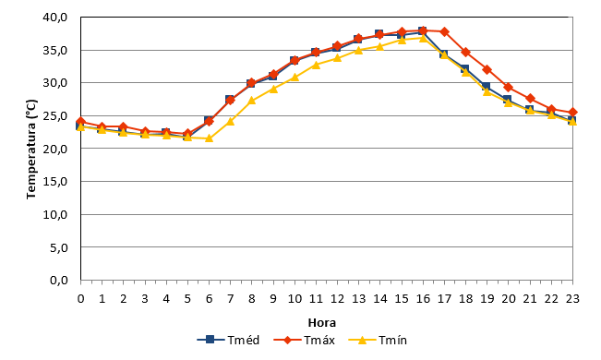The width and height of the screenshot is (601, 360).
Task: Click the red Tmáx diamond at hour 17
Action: [445, 31]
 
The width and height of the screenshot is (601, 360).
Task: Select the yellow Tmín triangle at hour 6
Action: [209, 138]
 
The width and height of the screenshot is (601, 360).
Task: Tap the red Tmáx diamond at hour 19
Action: [487, 70]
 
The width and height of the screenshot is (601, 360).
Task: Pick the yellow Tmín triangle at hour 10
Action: [294, 77]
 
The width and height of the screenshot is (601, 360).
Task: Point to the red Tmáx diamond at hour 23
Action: [572, 113]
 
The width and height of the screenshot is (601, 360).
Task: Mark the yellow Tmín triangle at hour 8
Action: [252, 101]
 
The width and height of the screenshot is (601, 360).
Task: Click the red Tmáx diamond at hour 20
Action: [509, 88]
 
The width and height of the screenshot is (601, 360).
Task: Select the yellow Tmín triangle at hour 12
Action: [337, 58]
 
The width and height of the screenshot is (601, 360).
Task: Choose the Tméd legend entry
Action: [228, 340]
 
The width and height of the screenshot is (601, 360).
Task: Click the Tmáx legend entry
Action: [305, 340]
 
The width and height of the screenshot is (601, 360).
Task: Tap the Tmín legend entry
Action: [378, 340]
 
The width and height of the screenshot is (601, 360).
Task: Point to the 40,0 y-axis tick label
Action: [55, 18]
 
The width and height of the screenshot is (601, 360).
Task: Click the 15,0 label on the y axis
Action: [55, 181]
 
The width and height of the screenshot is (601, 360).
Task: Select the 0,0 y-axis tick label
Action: [59, 281]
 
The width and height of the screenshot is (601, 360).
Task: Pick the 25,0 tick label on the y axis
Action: [55, 115]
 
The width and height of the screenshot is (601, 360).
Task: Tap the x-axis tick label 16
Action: [423, 299]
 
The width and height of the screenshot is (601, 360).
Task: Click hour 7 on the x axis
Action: [231, 299]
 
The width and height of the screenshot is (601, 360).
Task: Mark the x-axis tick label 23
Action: [572, 299]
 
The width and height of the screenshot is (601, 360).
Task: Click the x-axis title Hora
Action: [322, 323]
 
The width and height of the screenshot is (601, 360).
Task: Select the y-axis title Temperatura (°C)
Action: [31, 150]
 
